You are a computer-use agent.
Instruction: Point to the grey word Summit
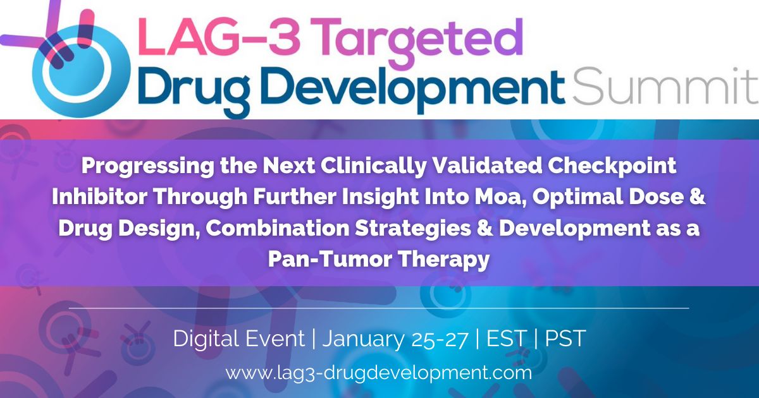(664, 86)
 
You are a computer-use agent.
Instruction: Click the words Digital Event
(238, 339)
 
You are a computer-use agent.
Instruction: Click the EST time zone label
(506, 339)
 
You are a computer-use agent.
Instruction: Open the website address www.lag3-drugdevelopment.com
(379, 373)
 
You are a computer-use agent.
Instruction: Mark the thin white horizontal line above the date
(379, 308)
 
